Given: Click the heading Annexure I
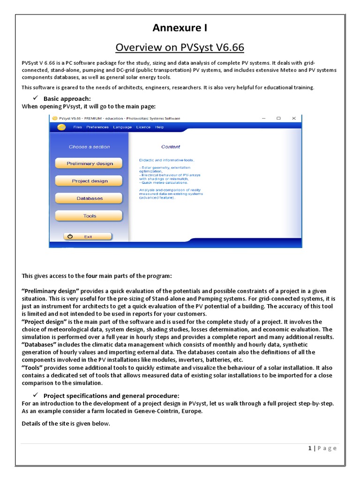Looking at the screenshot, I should pyautogui.click(x=180, y=29).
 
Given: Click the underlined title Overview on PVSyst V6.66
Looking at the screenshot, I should pyautogui.click(x=180, y=48).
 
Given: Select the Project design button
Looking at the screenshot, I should pyautogui.click(x=90, y=181).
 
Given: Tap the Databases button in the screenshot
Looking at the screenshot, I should pyautogui.click(x=90, y=198).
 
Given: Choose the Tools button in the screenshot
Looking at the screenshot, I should pyautogui.click(x=90, y=216).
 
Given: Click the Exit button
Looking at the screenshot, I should pyautogui.click(x=88, y=237).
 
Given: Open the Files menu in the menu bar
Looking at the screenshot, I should pyautogui.click(x=77, y=127).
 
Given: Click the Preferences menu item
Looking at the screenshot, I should pyautogui.click(x=97, y=127).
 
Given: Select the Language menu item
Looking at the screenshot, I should pyautogui.click(x=122, y=127).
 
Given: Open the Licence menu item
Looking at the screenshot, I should pyautogui.click(x=143, y=127).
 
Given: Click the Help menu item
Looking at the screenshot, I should pyautogui.click(x=160, y=127).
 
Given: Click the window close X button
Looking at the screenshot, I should pyautogui.click(x=294, y=119).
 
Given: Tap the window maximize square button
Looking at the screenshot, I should pyautogui.click(x=278, y=119).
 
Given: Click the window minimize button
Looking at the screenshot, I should pyautogui.click(x=262, y=119).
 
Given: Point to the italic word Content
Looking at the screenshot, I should pyautogui.click(x=171, y=147).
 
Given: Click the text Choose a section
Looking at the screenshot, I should pyautogui.click(x=89, y=147).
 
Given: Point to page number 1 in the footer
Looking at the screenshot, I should pyautogui.click(x=310, y=448).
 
